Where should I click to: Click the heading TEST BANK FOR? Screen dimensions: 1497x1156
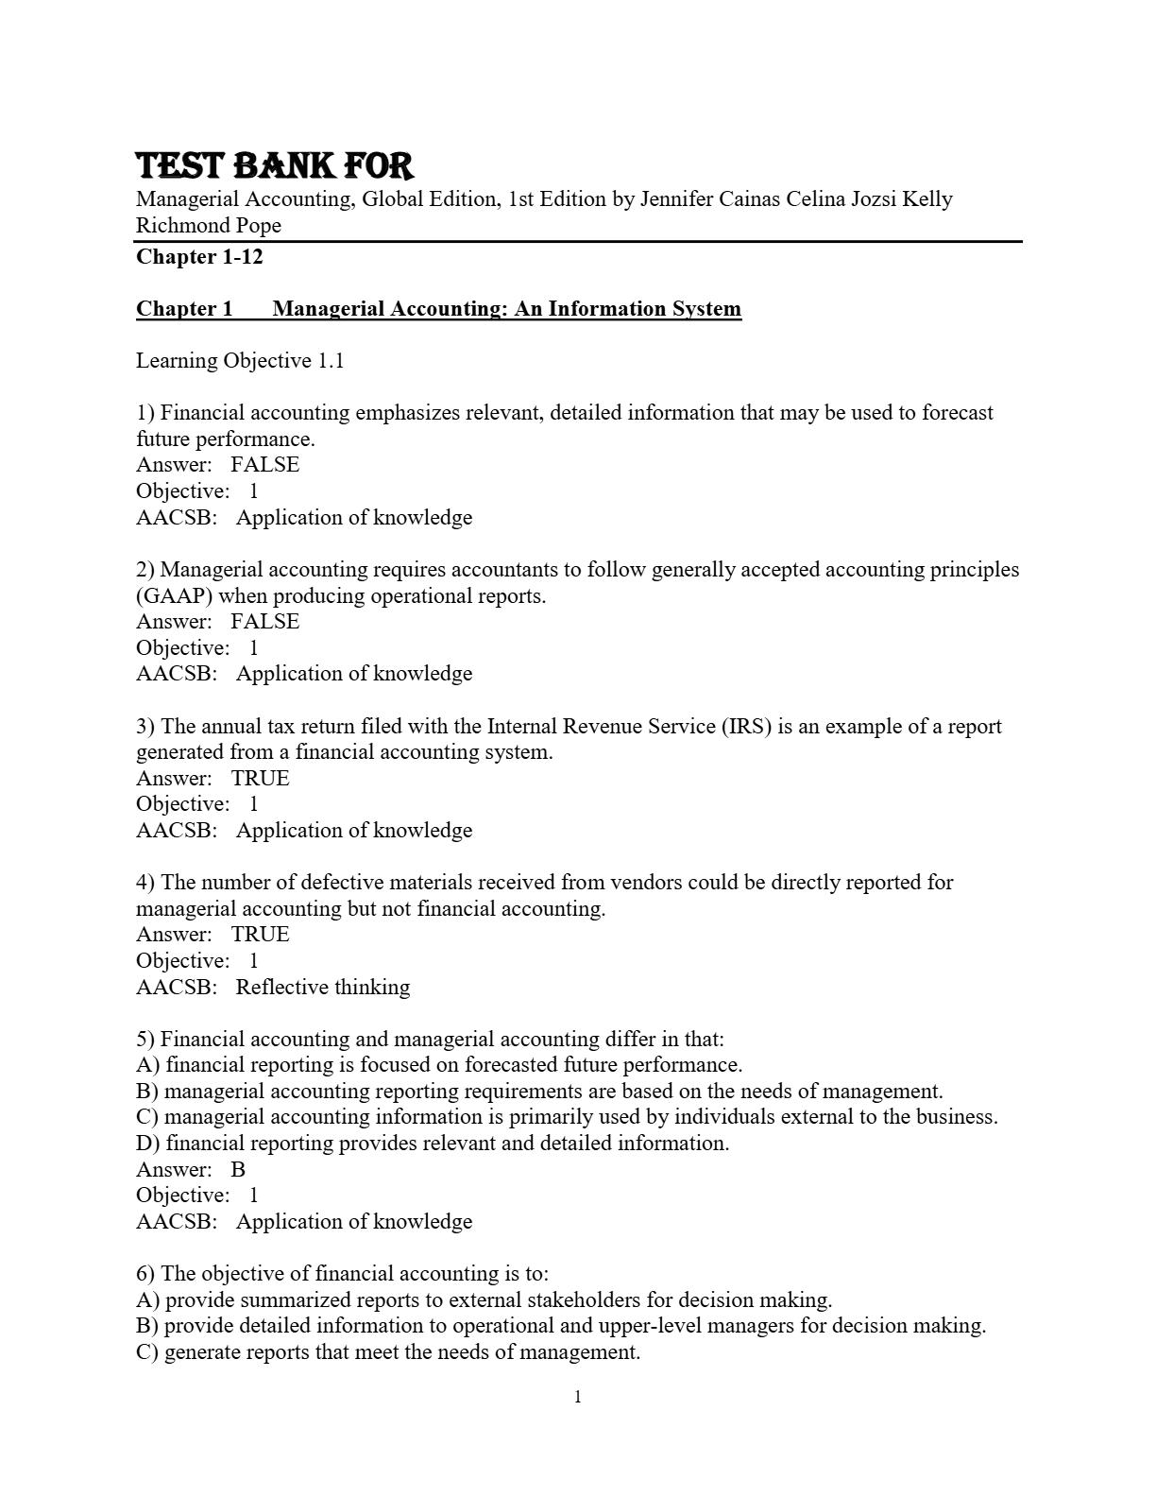275,166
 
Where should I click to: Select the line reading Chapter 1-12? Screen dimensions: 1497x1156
199,257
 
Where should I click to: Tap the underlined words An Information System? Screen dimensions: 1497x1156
627,309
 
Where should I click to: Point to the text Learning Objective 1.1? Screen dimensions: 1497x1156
240,361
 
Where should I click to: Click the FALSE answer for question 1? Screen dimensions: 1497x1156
264,465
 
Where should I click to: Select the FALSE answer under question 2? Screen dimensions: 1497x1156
264,622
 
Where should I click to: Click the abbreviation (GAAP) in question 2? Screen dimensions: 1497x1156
174,596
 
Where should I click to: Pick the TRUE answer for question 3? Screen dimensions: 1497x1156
261,779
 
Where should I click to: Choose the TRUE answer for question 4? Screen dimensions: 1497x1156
261,935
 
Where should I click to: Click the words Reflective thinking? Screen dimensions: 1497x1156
323,988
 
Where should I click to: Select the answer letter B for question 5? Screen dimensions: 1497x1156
238,1170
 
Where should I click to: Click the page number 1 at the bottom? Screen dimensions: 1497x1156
578,1398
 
